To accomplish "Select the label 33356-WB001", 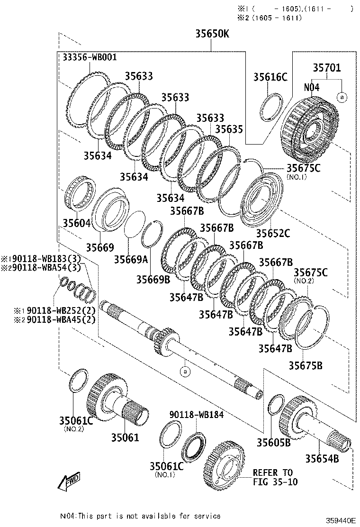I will coord(90,57).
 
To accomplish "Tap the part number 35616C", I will coord(270,77).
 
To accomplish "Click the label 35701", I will coord(326,68).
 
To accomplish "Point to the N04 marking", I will coord(312,88).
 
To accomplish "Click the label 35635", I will coord(229,129).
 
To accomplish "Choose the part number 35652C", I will coord(273,233).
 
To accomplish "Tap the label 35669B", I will coord(153,279).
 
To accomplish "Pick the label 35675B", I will coord(306,365).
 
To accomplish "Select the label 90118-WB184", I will coord(197,415).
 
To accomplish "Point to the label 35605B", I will coord(273,442).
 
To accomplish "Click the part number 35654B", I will coord(322,458).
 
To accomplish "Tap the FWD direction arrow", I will coord(69,481).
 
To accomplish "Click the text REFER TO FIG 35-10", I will coord(273,477).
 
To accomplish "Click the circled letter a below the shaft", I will coord(185,371).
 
